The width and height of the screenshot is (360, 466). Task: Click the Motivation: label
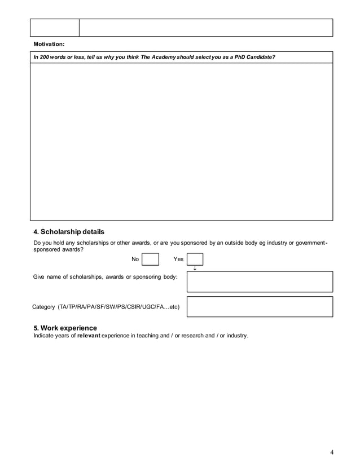[49, 44]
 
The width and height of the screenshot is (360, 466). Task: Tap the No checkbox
[150, 259]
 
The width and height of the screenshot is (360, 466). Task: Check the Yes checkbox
[195, 259]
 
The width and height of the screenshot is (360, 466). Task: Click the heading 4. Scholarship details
[69, 232]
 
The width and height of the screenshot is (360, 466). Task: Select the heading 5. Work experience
[65, 328]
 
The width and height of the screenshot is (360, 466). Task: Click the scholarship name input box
[260, 282]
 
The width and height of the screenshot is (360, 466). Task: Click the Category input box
[260, 306]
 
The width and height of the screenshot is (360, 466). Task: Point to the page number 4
[332, 451]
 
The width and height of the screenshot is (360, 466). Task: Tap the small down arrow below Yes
[195, 269]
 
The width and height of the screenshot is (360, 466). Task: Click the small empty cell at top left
[55, 28]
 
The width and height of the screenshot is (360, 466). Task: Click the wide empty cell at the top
[206, 28]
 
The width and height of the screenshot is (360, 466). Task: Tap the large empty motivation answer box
[181, 141]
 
